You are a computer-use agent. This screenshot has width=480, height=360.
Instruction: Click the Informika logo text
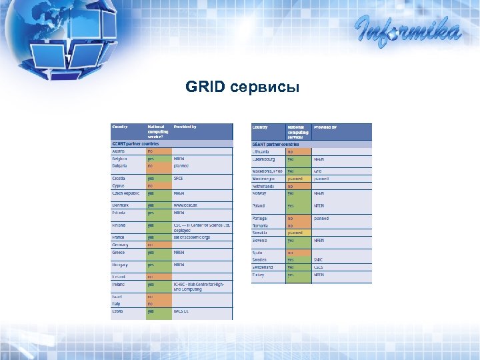[x=407, y=31]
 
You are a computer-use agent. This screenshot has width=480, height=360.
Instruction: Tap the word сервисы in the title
[x=264, y=88]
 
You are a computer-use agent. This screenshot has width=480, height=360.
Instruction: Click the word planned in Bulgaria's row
[x=183, y=165]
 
